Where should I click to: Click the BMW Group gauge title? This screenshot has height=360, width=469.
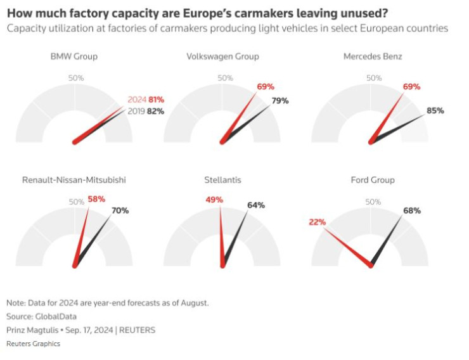[x=74, y=57]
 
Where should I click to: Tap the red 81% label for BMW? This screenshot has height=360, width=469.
[x=157, y=100]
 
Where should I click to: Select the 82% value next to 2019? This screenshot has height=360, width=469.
[x=156, y=111]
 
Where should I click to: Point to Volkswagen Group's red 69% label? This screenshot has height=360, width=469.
[x=266, y=86]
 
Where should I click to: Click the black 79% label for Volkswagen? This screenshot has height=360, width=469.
[x=280, y=100]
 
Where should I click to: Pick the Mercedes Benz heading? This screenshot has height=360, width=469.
[x=373, y=57]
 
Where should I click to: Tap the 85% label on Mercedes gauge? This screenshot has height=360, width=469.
[x=435, y=110]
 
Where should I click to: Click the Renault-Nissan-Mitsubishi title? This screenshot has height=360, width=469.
[x=74, y=180]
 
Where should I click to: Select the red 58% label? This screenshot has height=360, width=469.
[x=96, y=198]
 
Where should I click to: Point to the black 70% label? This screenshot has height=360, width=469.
[x=120, y=210]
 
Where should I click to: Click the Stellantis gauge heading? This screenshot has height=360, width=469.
[x=223, y=180]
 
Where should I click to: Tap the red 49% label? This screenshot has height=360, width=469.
[x=214, y=200]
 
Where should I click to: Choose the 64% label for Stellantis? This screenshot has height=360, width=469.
[x=256, y=205]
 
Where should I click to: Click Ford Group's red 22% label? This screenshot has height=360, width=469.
[x=318, y=222]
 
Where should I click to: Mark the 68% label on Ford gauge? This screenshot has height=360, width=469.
[x=411, y=210]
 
